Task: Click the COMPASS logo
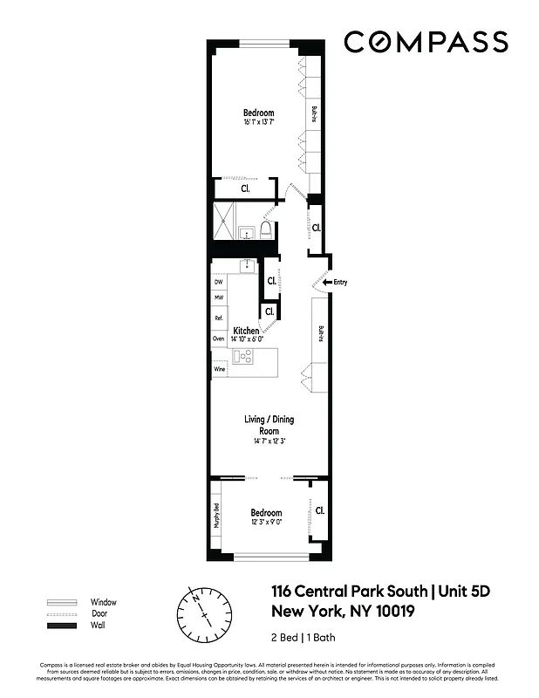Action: point(425,42)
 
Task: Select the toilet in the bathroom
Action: point(266,230)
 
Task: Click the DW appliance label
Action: point(218,283)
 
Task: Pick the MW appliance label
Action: point(218,298)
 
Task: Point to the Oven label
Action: point(218,339)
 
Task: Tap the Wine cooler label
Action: point(219,370)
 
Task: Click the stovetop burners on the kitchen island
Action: point(242,356)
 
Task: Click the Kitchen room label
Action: point(246,331)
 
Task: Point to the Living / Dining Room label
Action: point(269,425)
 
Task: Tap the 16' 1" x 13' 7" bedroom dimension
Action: point(259,123)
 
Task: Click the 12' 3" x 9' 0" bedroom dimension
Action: point(266,523)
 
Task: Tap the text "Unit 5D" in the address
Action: point(464,592)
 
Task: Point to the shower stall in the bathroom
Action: point(223,221)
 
